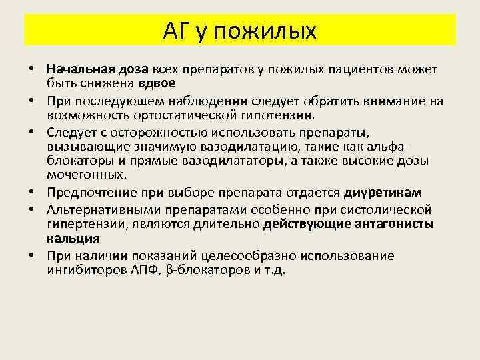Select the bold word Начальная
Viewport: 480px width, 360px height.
point(76,69)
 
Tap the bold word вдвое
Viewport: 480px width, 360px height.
point(157,83)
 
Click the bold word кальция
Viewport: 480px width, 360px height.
point(73,238)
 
